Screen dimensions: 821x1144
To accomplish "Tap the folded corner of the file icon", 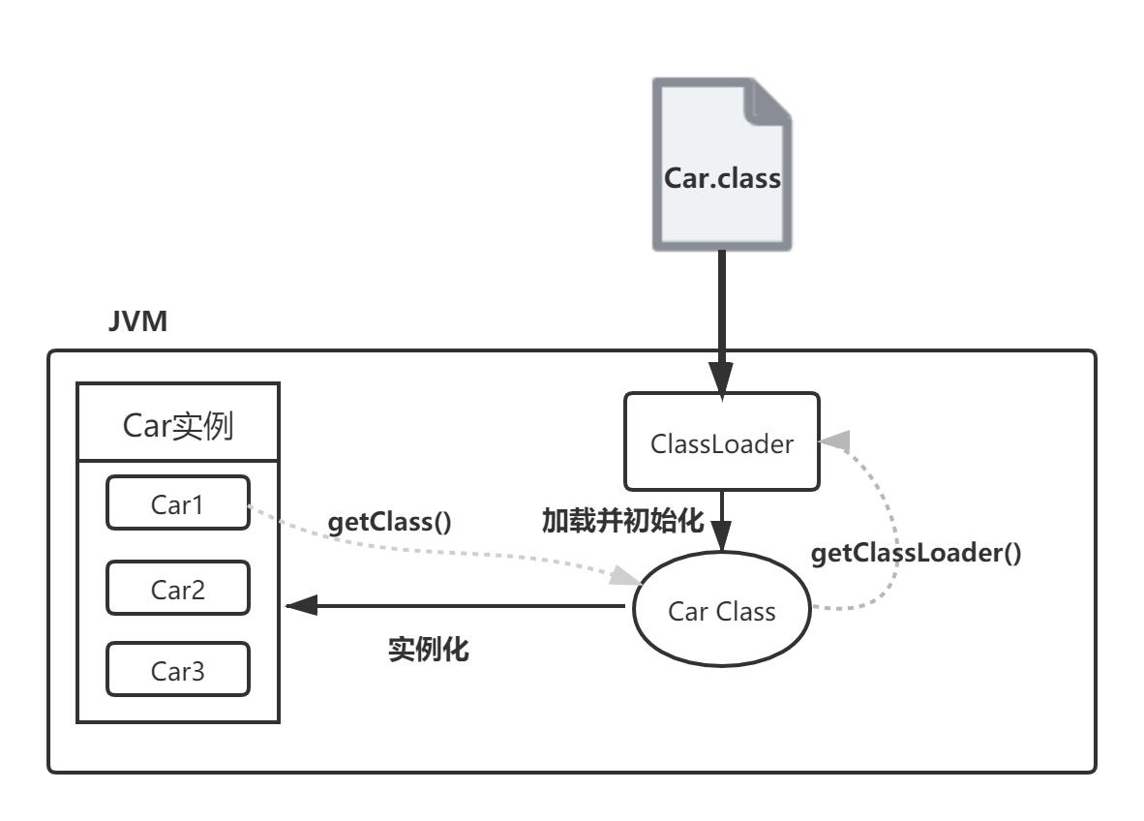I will coord(769,101).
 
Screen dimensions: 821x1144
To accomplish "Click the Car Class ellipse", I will coord(721,611).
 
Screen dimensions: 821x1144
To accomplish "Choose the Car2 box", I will coord(178,588).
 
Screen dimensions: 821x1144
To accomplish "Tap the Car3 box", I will coord(178,670).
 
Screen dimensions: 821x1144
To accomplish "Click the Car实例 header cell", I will coord(178,424).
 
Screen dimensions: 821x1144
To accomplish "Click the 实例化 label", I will coord(428,649).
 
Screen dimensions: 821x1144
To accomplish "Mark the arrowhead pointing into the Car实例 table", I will coord(301,606).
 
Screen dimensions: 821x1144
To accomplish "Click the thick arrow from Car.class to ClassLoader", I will coord(721,310).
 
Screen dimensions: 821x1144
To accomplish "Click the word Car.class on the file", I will coord(721,178).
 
